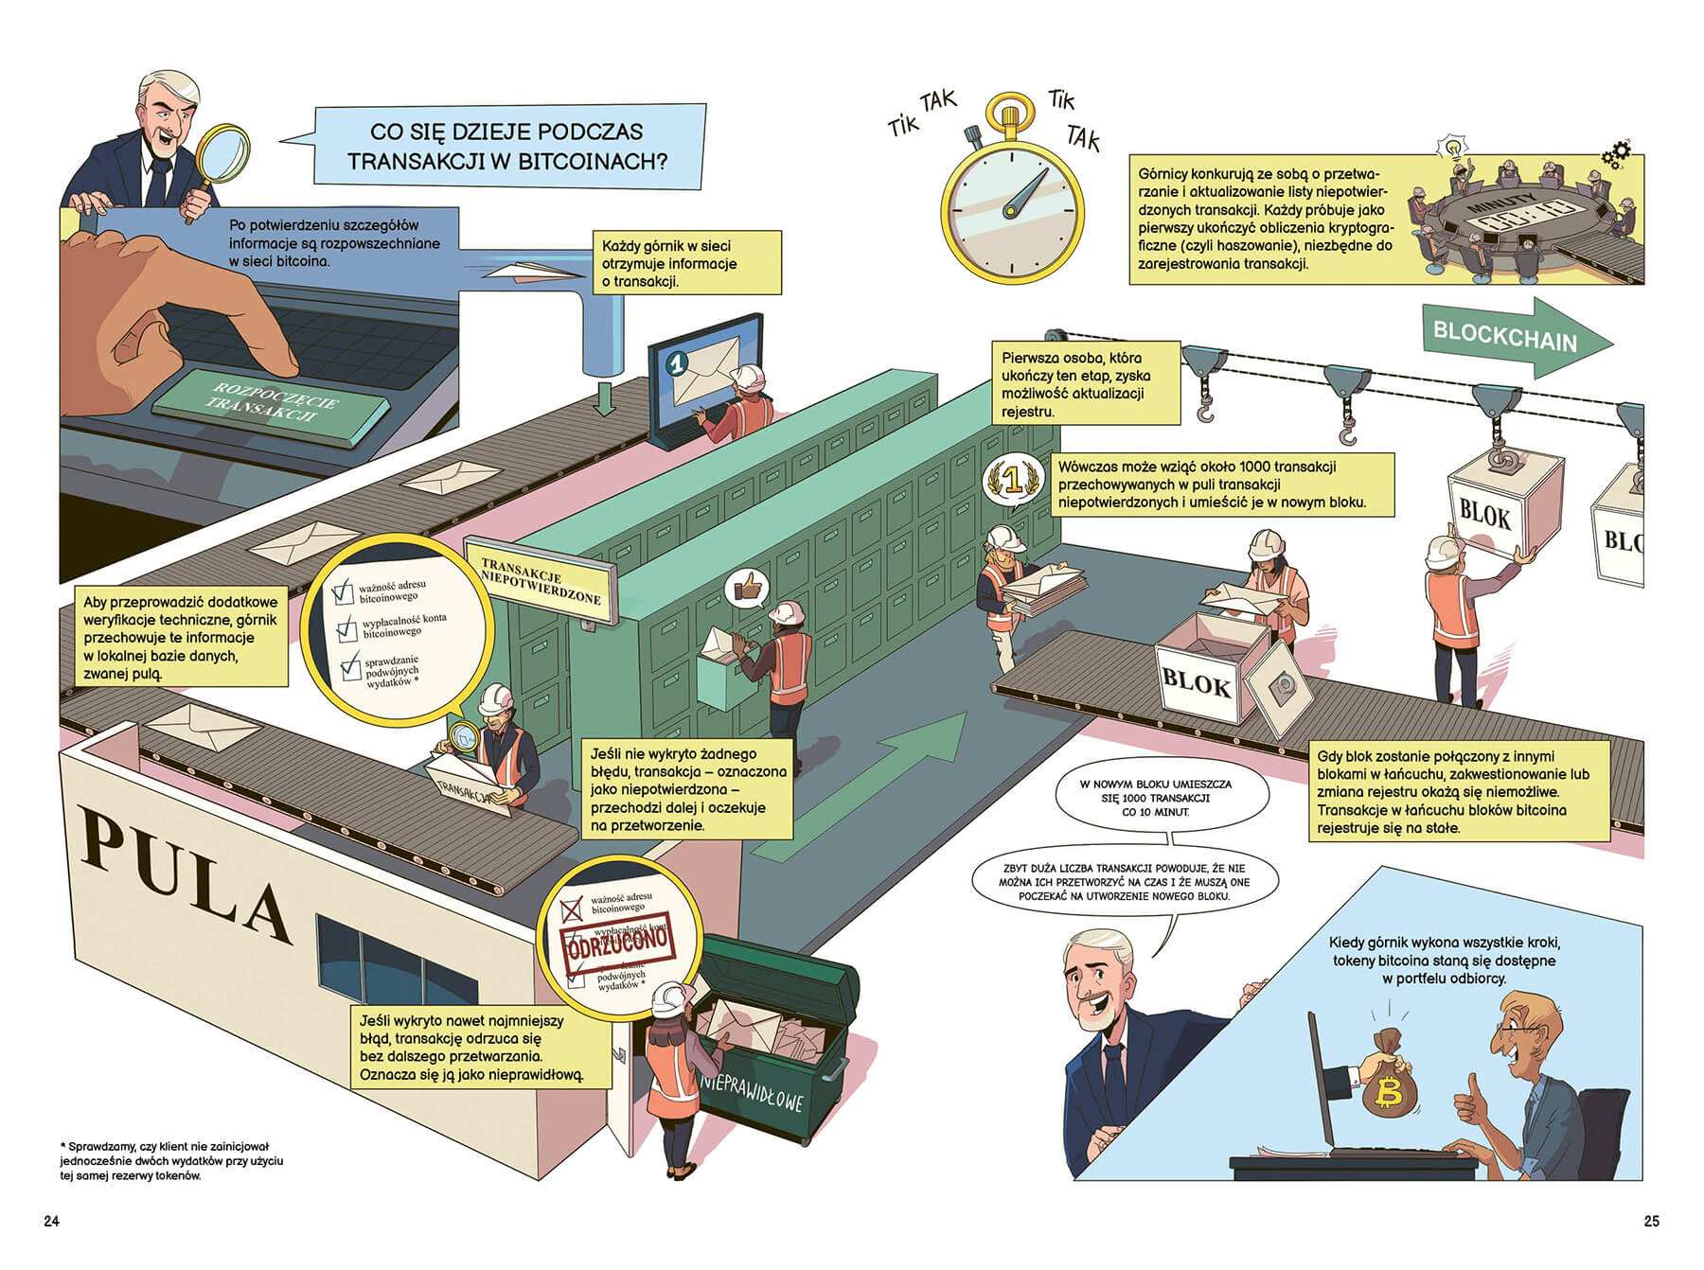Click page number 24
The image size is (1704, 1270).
point(51,1221)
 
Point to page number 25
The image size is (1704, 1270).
point(1651,1221)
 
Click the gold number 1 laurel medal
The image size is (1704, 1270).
point(1013,481)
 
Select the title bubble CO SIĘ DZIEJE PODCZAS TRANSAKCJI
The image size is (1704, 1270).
point(508,146)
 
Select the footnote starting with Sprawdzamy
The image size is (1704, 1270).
point(171,1160)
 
